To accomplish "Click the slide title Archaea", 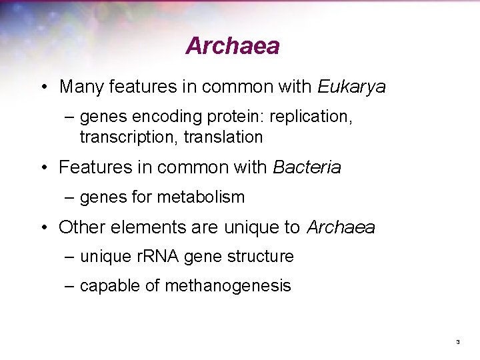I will pyautogui.click(x=232, y=46).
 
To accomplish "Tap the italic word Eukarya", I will pyautogui.click(x=351, y=87).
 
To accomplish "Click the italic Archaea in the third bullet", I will pyautogui.click(x=341, y=228).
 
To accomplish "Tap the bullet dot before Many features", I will pyautogui.click(x=43, y=88).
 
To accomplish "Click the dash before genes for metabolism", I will pyautogui.click(x=69, y=197).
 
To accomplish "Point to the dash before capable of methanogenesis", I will pyautogui.click(x=69, y=286).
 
